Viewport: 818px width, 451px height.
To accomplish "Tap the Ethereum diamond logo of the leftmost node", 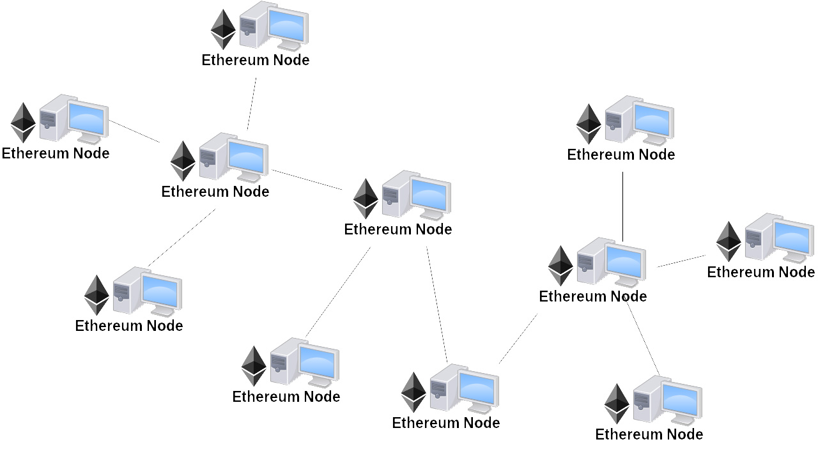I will [23, 122].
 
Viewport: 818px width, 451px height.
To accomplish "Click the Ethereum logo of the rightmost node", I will [728, 241].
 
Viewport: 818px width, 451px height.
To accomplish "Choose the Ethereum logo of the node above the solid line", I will [589, 124].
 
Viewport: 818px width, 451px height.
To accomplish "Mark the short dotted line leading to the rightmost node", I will [681, 260].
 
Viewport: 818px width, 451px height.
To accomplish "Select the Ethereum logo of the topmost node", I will [223, 29].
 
